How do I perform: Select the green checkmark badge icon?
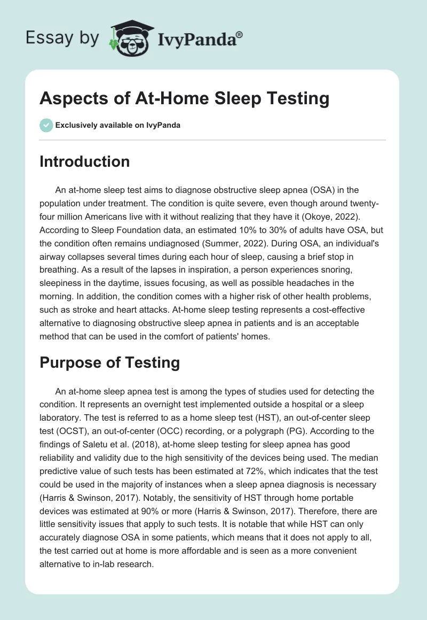point(46,125)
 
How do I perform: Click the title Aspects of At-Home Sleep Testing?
point(184,99)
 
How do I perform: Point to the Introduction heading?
point(84,161)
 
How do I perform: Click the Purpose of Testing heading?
point(109,362)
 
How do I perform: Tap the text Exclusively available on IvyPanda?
point(118,126)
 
